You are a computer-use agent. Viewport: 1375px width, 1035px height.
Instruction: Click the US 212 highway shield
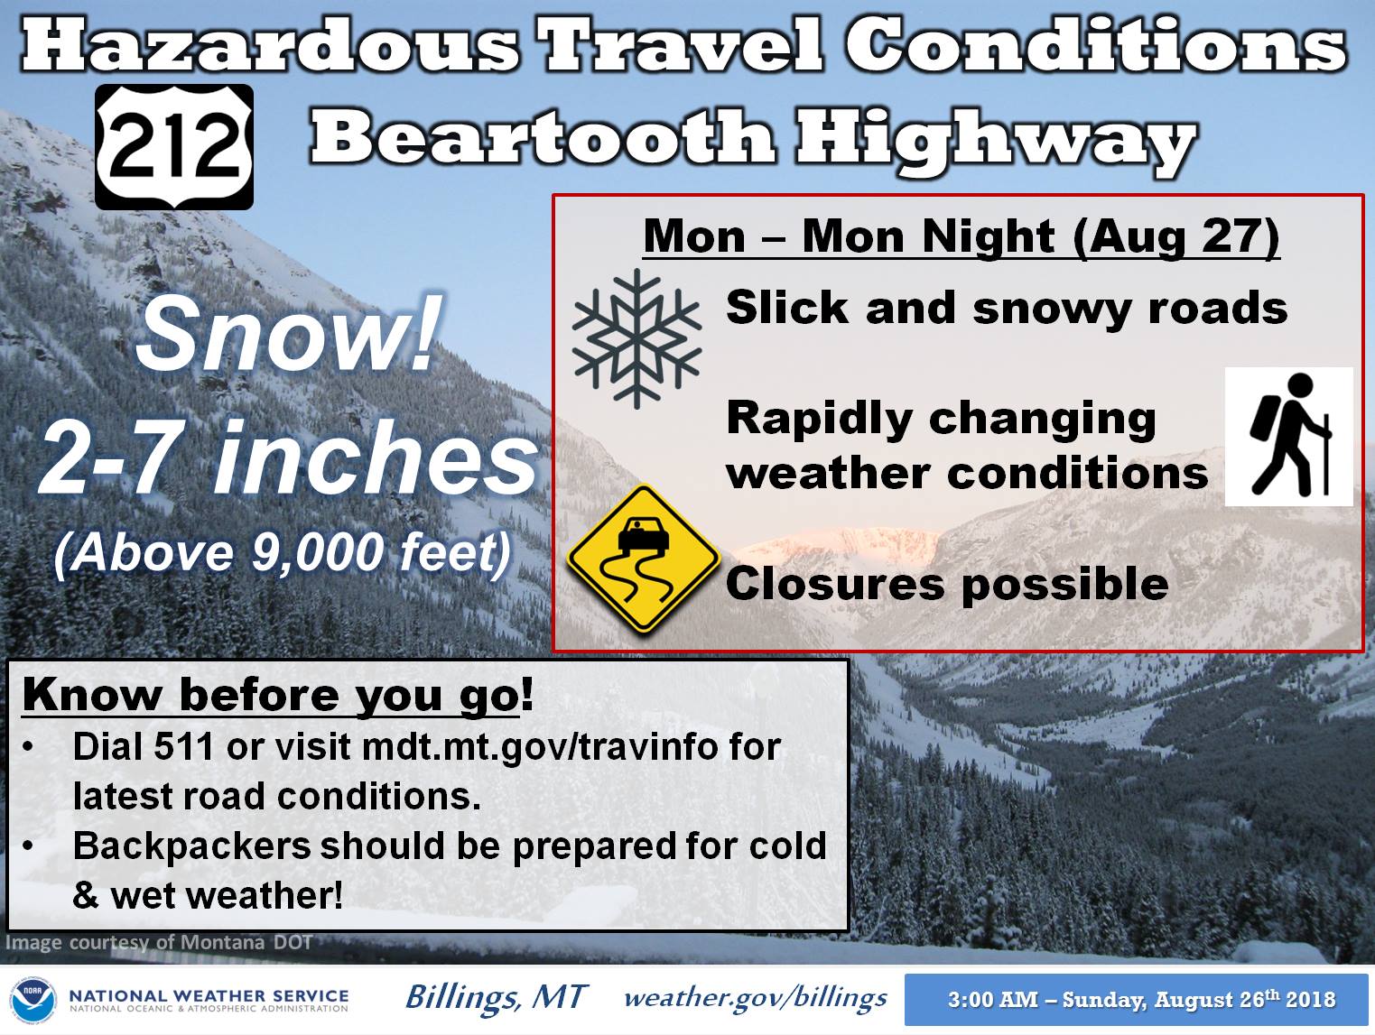coord(174,147)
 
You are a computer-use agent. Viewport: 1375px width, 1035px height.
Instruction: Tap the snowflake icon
coord(637,338)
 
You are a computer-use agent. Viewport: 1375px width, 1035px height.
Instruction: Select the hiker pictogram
coord(1288,437)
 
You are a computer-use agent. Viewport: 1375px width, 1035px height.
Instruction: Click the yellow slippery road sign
coord(644,558)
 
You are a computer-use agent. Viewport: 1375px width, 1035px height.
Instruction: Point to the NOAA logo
coord(33,1000)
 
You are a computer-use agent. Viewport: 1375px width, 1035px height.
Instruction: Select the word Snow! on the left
coord(285,334)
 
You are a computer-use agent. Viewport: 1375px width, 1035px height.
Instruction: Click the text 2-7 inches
coord(288,459)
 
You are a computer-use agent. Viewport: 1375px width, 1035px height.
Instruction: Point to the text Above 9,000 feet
coord(283,551)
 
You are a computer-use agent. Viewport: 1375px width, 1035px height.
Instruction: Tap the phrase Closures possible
coord(947,584)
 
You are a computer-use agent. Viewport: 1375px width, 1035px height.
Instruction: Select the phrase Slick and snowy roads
coord(1007,308)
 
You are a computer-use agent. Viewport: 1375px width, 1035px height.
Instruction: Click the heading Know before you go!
coord(277,697)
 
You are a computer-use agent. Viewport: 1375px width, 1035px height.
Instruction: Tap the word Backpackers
coord(191,846)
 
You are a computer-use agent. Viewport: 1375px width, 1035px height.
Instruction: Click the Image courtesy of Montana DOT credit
coord(159,942)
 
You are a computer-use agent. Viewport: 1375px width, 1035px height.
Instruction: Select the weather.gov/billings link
coord(756,998)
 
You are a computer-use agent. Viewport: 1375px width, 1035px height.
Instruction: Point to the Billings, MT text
coord(497,997)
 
